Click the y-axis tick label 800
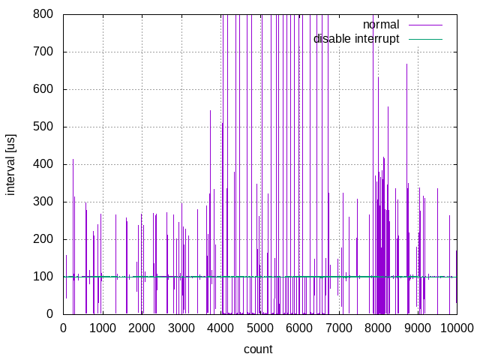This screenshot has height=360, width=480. (43, 14)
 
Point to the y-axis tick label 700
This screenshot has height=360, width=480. (43, 52)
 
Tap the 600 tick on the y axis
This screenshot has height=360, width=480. (43, 89)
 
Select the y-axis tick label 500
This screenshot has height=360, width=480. (43, 127)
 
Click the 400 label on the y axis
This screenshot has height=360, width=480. (43, 164)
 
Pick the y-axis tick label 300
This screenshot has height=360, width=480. (43, 202)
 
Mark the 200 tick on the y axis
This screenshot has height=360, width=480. (43, 239)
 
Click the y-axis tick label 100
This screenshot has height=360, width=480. (43, 277)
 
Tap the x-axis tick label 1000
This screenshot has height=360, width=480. (103, 328)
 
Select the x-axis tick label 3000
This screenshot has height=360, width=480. (181, 328)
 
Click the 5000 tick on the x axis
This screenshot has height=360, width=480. (260, 328)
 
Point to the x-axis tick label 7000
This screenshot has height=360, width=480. (339, 328)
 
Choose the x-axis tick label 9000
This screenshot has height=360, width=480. (418, 328)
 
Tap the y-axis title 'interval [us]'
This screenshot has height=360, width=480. (11, 164)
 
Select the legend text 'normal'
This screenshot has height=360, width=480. (381, 25)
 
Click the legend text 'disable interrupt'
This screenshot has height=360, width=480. (356, 38)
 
